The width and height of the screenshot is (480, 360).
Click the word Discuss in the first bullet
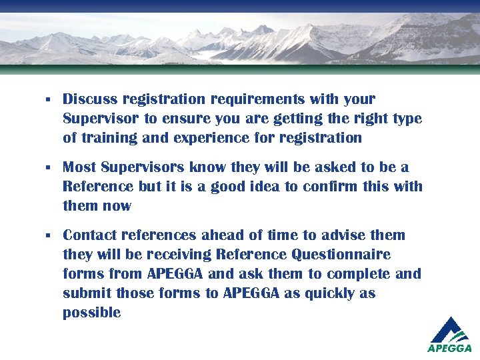tap(90, 99)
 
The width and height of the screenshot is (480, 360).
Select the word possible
tap(91, 313)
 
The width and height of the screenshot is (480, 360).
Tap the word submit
tap(87, 293)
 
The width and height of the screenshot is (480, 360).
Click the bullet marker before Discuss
tap(48, 100)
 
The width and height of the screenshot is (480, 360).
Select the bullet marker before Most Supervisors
tap(48, 167)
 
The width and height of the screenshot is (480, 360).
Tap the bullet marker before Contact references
tap(48, 235)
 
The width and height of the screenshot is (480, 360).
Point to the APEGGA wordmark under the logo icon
tap(449, 348)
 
